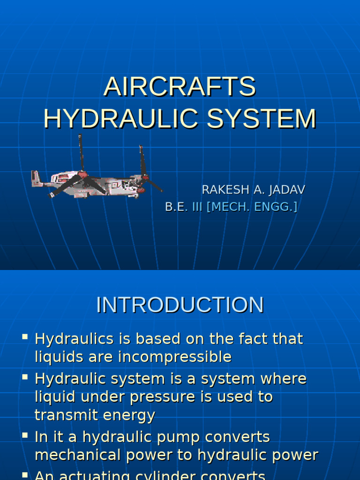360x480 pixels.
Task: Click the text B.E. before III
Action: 176,207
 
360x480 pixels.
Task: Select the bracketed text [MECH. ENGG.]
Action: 252,207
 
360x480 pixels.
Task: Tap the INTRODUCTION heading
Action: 180,305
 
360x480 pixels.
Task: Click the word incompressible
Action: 175,357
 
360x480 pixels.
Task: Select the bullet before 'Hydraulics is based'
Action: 25,337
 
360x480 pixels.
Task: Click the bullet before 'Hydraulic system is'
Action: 25,376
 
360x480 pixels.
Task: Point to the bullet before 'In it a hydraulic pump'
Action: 25,435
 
